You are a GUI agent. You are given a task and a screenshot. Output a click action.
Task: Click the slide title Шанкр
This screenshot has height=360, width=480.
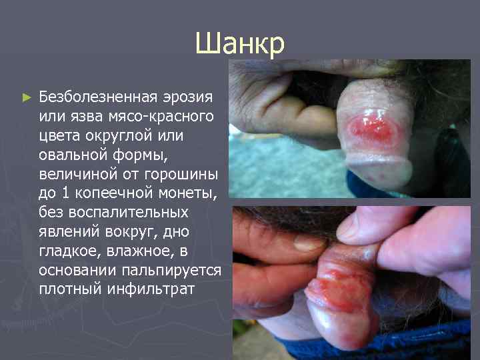pyautogui.click(x=240, y=44)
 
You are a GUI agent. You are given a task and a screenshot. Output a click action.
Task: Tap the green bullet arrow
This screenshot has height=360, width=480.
pyautogui.click(x=27, y=97)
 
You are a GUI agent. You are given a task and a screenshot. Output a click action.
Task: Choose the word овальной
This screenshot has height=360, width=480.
pyautogui.click(x=73, y=155)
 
